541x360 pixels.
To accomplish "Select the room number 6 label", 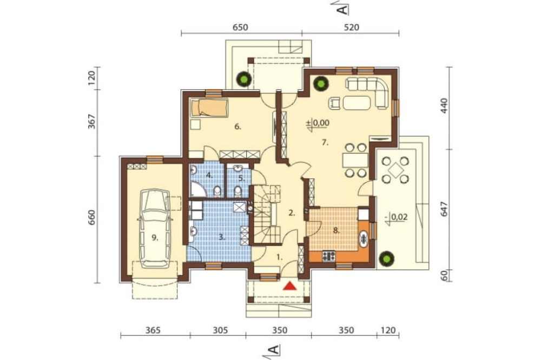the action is coord(237,126).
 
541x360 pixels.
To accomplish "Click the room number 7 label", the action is coord(325,142).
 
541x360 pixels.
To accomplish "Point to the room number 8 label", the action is coord(336,231).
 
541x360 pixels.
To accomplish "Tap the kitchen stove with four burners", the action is coord(329,256).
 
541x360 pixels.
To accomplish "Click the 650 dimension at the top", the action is coord(240,27).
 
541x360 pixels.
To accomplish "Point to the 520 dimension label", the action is coord(351,27).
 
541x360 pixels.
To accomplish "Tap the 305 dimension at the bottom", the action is coord(220,330).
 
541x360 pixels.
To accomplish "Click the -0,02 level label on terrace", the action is coord(397,217).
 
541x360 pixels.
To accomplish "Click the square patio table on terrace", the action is coord(395,170).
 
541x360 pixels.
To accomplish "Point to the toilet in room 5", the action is coord(237,191).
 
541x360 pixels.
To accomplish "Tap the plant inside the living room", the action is coord(320,83).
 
